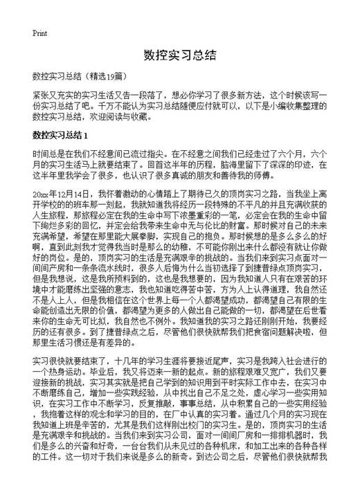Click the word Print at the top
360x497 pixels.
pyautogui.click(x=39, y=33)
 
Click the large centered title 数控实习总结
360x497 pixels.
pyautogui.click(x=180, y=55)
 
